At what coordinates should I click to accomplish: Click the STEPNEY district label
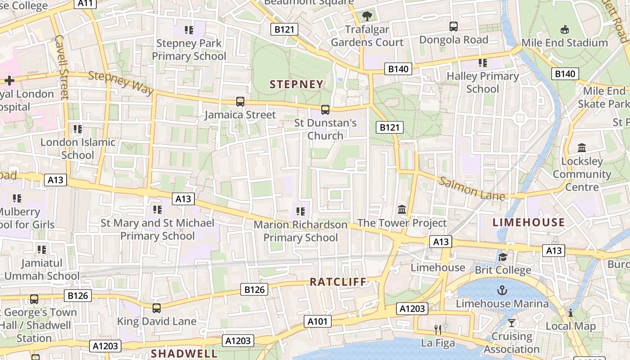coord(297,84)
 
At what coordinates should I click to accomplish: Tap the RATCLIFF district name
coord(338,282)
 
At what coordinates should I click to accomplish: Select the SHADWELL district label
coord(184,354)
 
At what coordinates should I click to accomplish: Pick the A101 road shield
coord(318,321)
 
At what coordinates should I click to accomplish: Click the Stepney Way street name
coord(121,83)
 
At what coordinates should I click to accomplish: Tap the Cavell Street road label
coord(61,67)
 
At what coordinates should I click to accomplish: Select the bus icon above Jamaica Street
coord(240,102)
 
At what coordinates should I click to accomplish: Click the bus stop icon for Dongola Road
coord(454,27)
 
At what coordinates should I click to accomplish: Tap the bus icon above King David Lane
coord(157,308)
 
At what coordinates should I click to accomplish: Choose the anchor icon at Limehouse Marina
coord(502,290)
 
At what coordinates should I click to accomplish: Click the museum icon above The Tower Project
coord(402,210)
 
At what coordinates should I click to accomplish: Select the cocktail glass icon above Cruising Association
coord(512,323)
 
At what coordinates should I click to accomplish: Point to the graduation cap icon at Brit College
coord(503,257)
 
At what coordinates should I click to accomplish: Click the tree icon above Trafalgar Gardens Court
coord(367,16)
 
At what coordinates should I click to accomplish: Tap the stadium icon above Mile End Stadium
coord(564,30)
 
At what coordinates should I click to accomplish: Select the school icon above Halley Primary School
coord(483,63)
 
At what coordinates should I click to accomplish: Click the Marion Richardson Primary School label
coord(301,231)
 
